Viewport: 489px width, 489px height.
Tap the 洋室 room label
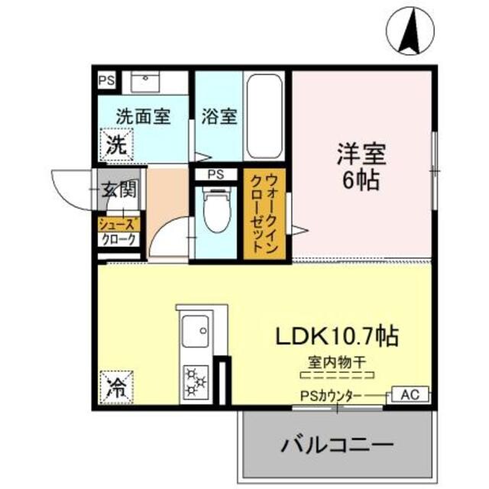[362, 155]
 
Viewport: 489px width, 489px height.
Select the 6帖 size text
[362, 183]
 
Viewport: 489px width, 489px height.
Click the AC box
[410, 395]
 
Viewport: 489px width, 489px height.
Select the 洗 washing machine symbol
[116, 144]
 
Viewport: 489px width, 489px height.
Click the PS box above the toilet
[216, 174]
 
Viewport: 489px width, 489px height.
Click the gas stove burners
[196, 381]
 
